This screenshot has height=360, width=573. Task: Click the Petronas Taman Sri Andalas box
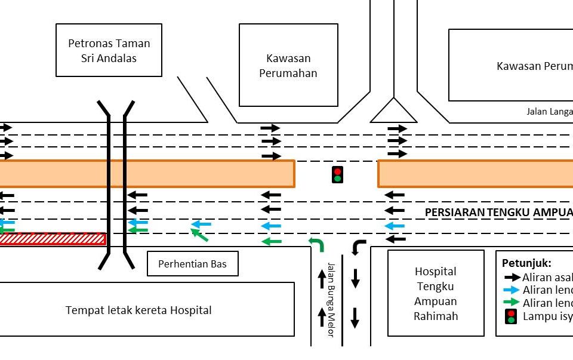click(x=109, y=50)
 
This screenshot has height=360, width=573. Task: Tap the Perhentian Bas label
click(x=192, y=264)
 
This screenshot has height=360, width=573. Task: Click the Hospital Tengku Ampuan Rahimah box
click(x=435, y=293)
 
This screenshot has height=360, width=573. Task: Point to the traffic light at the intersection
click(x=337, y=174)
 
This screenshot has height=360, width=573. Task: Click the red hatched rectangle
click(x=53, y=239)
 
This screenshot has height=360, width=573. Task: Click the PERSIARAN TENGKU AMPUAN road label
click(x=498, y=213)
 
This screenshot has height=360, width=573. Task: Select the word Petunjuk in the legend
click(x=526, y=263)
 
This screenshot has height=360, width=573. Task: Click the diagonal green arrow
click(x=199, y=235)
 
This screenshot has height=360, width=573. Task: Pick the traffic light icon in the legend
click(x=510, y=316)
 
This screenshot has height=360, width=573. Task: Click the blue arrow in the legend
click(x=512, y=290)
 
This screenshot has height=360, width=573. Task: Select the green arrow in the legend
click(x=512, y=302)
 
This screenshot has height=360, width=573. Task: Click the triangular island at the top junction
click(x=393, y=112)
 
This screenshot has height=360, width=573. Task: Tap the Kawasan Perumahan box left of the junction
click(x=288, y=65)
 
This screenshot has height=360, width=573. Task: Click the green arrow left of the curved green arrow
click(x=272, y=241)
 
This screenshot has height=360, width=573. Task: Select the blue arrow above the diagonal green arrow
click(x=201, y=224)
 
